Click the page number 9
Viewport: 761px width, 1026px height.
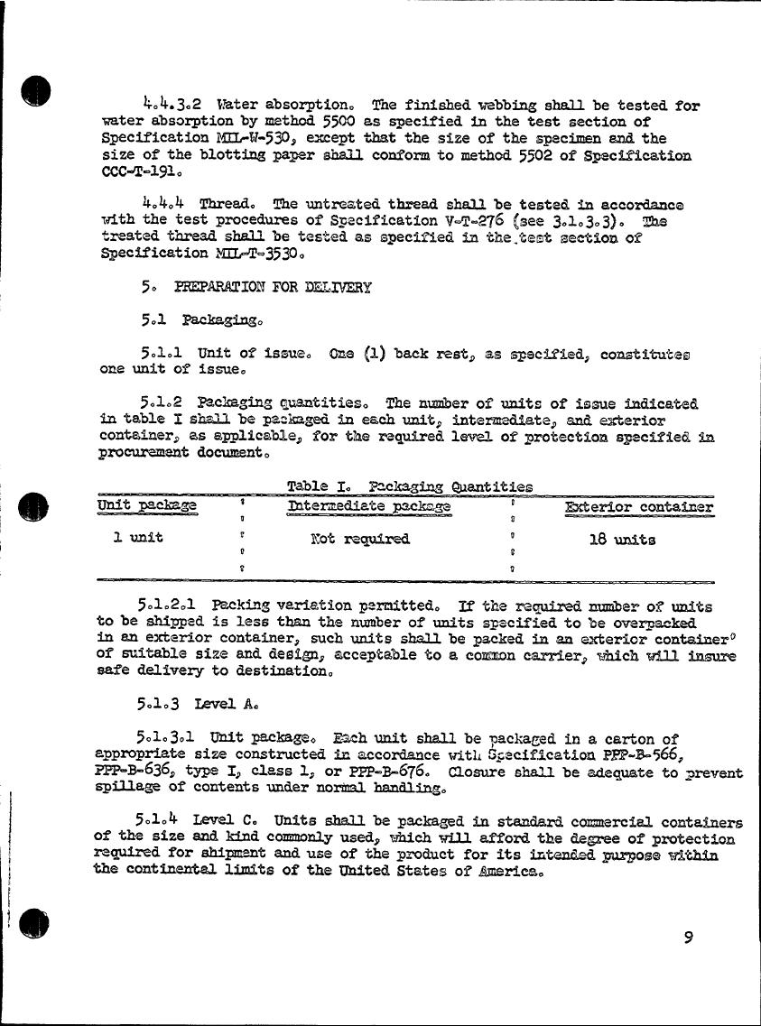[688, 938]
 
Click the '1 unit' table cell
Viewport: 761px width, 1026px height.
[138, 538]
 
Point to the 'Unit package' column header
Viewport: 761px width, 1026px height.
[146, 506]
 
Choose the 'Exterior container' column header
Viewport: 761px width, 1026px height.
[639, 507]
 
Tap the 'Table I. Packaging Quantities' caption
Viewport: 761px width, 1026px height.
[409, 486]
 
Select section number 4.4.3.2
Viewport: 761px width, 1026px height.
[171, 105]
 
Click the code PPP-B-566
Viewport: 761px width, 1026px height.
[640, 754]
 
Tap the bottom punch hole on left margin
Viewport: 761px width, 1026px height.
[35, 920]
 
